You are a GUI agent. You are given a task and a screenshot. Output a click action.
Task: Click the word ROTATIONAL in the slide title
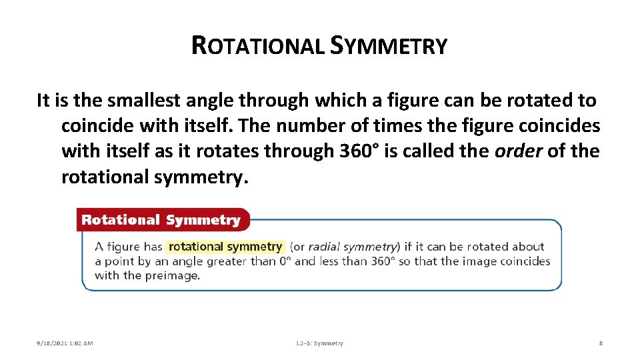click(x=257, y=45)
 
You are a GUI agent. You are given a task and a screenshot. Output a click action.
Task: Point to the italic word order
click(x=519, y=151)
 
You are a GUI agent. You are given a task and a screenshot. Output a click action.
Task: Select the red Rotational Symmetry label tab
click(x=161, y=220)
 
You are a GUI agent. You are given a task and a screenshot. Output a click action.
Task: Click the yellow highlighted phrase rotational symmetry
click(x=225, y=247)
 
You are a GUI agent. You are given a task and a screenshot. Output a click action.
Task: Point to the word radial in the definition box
click(x=328, y=247)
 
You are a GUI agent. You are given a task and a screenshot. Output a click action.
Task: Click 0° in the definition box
click(x=285, y=261)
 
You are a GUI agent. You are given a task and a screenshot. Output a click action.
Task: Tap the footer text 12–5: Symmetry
click(x=319, y=343)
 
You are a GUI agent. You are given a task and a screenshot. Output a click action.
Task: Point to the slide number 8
click(x=601, y=343)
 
